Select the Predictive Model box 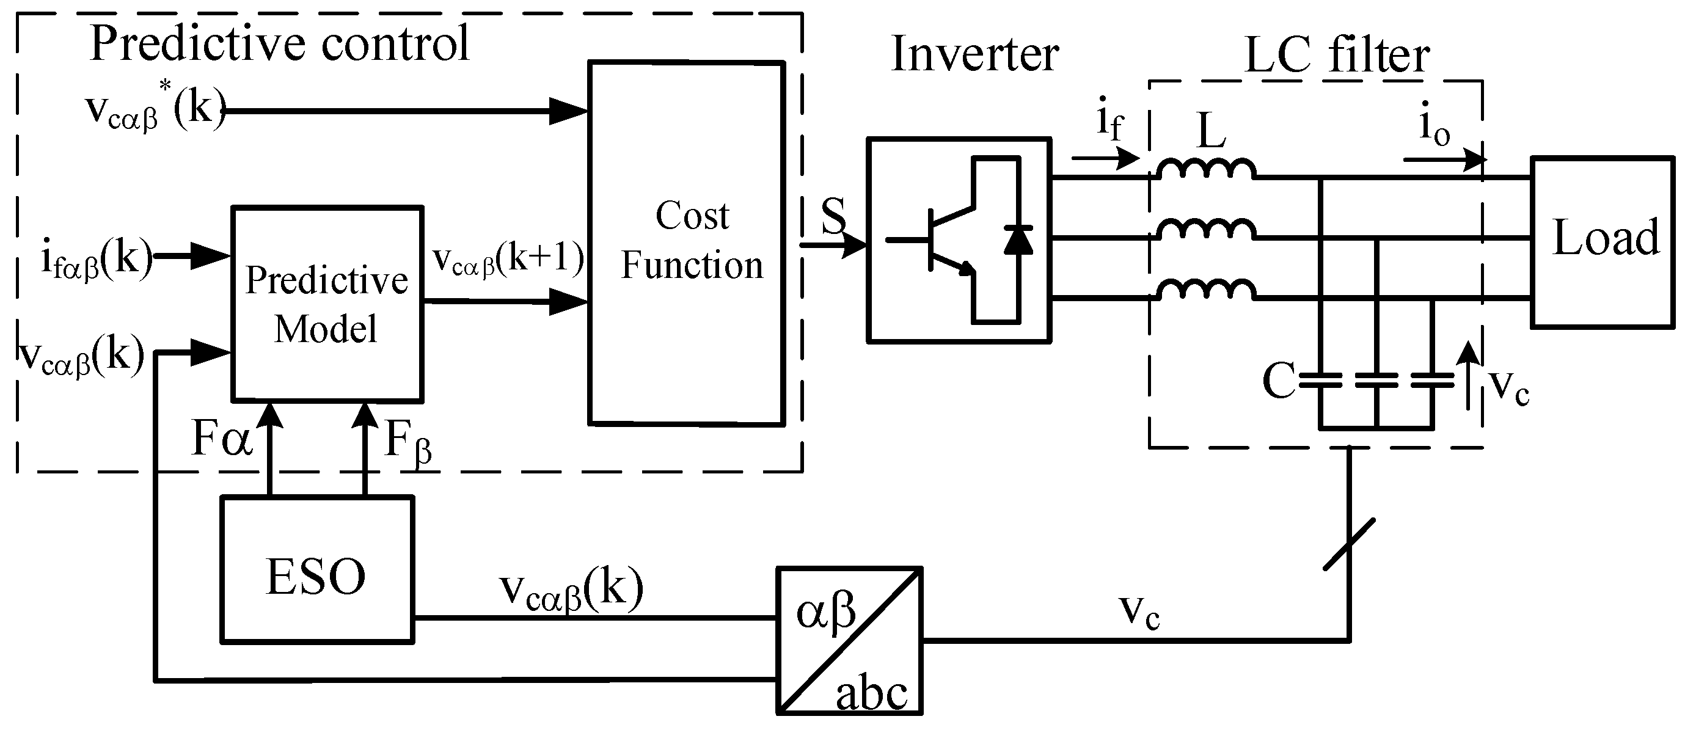point(327,304)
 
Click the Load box point(1603,241)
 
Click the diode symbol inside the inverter point(1018,239)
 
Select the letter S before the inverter point(833,216)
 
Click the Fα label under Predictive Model point(221,438)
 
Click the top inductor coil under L point(1206,169)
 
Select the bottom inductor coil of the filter point(1206,290)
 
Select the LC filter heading point(1337,55)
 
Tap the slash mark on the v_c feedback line point(1350,544)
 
